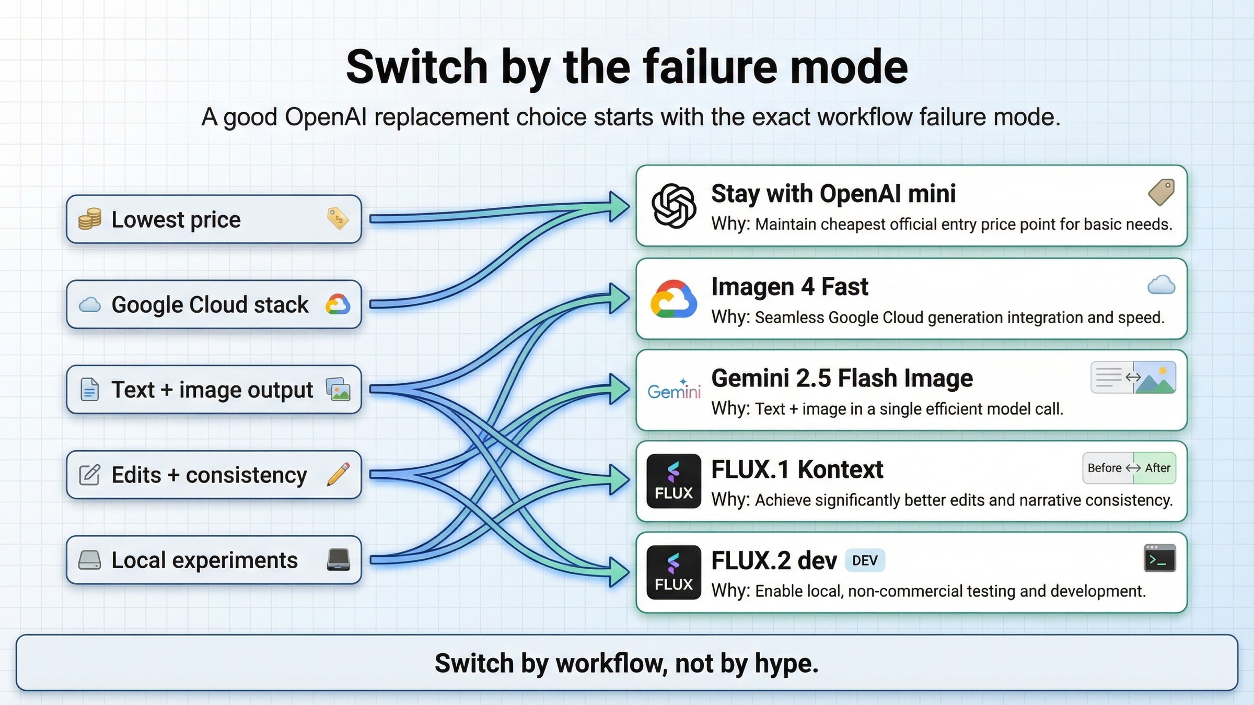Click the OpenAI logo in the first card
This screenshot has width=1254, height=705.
click(674, 206)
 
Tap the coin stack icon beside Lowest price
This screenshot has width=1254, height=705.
click(89, 219)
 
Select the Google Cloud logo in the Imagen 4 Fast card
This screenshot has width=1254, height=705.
click(674, 299)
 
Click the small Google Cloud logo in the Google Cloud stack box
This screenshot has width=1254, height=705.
click(338, 304)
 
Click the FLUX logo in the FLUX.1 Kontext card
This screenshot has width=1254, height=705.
click(674, 481)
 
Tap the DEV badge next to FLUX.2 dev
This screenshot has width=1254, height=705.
click(865, 561)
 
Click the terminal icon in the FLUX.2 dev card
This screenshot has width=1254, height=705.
click(1159, 558)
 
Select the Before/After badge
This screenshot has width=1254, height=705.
click(1129, 468)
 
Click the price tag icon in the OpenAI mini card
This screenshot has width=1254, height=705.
click(1161, 192)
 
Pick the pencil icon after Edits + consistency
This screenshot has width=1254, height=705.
click(338, 474)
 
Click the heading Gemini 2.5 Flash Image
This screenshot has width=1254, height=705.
click(842, 378)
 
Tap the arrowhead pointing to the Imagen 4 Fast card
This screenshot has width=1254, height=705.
click(620, 298)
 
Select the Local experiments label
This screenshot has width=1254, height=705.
click(204, 560)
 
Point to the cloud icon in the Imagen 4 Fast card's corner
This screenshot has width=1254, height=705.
click(1161, 285)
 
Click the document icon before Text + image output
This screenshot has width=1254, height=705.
click(89, 390)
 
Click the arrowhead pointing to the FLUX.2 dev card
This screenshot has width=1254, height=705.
click(620, 571)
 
